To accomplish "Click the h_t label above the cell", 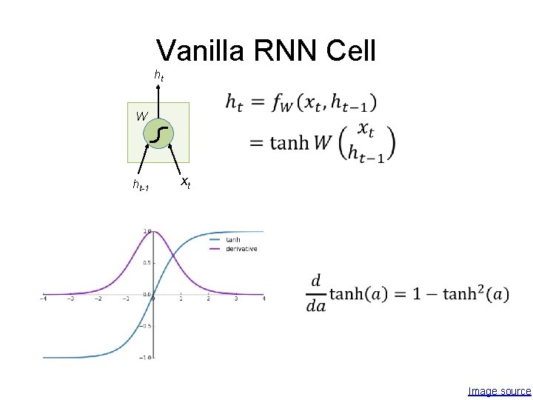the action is pos(158,75).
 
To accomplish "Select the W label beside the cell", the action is pos(141,116).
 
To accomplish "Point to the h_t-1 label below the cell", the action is pos(141,186).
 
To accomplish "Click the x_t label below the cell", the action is pos(186,181).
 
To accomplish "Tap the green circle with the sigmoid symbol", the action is pos(159,133).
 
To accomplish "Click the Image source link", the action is pos(500,391).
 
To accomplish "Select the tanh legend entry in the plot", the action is pos(232,240).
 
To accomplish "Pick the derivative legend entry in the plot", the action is pos(241,249).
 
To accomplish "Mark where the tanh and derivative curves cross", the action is pos(173,256).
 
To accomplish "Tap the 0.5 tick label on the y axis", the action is pos(147,263).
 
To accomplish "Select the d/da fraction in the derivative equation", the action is pos(316,294).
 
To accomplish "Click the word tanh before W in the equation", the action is pos(289,142).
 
